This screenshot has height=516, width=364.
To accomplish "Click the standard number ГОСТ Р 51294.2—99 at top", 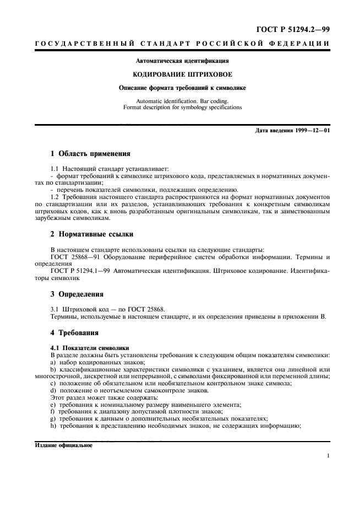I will (x=296, y=29).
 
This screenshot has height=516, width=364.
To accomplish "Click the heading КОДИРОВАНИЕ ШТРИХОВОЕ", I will (x=182, y=74).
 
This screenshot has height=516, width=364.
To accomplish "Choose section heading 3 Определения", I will (x=77, y=294).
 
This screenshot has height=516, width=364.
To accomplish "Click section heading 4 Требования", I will (x=75, y=333).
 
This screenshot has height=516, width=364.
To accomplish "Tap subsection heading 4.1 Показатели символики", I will (x=89, y=348).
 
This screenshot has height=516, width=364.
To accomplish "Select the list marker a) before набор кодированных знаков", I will (x=53, y=362).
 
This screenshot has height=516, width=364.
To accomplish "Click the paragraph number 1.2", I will (x=55, y=197).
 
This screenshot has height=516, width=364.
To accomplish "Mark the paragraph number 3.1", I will (x=55, y=309).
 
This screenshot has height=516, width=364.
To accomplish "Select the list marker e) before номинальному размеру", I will (x=53, y=404).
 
